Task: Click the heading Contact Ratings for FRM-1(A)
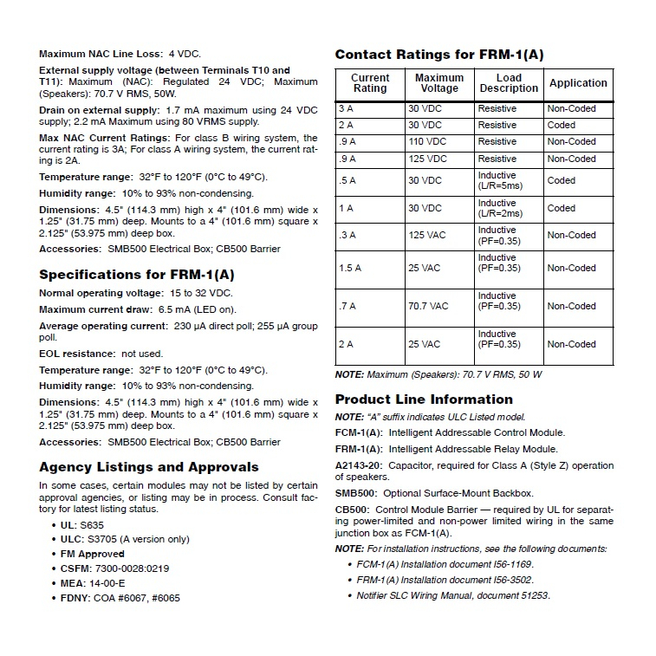[439, 55]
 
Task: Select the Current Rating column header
[370, 83]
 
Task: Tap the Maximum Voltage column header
[439, 83]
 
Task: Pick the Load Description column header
[509, 83]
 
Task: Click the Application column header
[578, 83]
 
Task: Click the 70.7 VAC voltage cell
[429, 306]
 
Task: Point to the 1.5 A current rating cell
[350, 268]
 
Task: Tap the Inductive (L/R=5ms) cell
[500, 180]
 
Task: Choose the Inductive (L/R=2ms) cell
[500, 208]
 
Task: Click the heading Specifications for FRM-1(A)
[137, 275]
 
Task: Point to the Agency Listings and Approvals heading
[149, 466]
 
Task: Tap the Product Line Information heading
[424, 399]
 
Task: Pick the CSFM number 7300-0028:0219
[132, 568]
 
